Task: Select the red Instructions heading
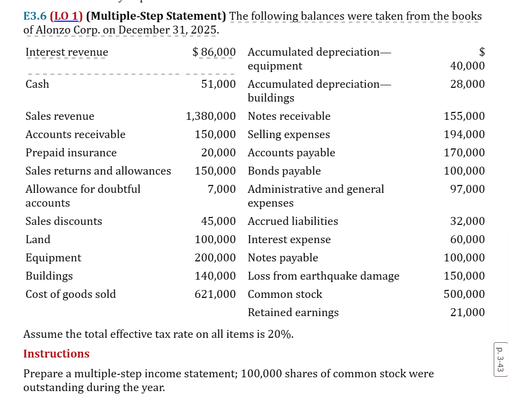click(x=56, y=354)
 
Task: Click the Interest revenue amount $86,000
click(x=213, y=52)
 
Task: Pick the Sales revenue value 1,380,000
click(x=210, y=116)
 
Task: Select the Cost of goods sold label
click(x=70, y=294)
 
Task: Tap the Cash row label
click(x=37, y=84)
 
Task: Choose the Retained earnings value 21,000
click(x=468, y=313)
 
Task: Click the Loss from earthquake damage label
click(x=323, y=276)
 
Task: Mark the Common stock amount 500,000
click(x=465, y=294)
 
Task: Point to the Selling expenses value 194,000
click(x=465, y=135)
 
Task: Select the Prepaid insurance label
click(x=71, y=153)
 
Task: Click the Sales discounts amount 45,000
click(x=218, y=221)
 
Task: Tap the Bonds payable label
click(x=284, y=171)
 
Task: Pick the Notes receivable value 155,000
click(x=465, y=116)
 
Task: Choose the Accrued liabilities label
click(x=293, y=221)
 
